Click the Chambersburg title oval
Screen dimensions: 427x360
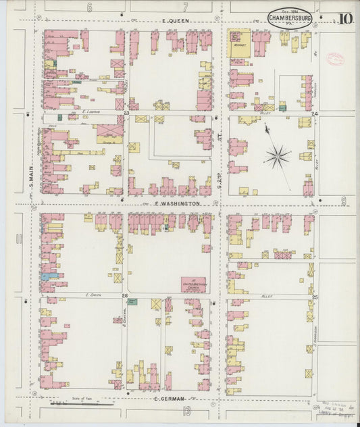pos(290,18)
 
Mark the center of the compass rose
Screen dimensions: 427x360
pos(277,157)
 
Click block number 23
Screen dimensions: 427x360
pos(126,114)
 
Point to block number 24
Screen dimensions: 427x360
pos(315,114)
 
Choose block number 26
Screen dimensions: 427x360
pos(124,296)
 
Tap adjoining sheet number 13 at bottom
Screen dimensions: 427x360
pos(186,411)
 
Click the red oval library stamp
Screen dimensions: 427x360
pos(335,59)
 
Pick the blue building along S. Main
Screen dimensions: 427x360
pos(45,276)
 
